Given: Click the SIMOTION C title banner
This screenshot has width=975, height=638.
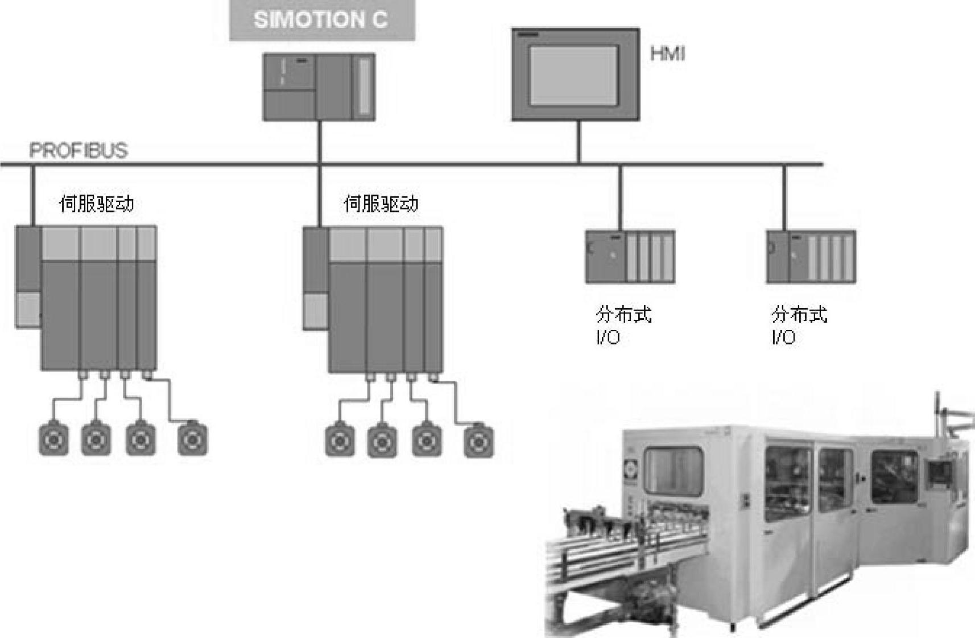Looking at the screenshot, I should click(x=321, y=20).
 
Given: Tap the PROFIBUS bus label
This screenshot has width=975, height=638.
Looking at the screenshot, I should click(x=79, y=151).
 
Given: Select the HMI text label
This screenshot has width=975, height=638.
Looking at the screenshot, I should click(x=667, y=54).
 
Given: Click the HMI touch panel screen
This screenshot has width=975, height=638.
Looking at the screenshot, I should click(x=574, y=75).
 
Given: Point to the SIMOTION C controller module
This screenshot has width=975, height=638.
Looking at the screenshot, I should click(x=319, y=87).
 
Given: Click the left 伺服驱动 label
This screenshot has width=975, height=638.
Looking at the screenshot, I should click(x=97, y=204).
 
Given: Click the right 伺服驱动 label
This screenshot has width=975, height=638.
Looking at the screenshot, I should click(x=381, y=204).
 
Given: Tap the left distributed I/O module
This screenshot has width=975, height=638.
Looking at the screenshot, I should click(x=630, y=257).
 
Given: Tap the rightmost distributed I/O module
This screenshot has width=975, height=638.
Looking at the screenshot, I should click(x=811, y=257).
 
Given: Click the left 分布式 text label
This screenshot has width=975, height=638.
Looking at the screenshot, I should click(x=623, y=314).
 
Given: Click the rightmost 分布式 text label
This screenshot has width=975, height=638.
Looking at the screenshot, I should click(x=799, y=314).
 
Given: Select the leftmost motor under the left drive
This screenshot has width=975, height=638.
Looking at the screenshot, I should click(x=53, y=439).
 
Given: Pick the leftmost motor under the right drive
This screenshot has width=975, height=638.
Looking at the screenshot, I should click(x=340, y=441).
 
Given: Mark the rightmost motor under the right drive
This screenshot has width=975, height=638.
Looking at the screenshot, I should click(x=479, y=441).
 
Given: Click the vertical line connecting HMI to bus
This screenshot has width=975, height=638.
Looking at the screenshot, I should click(x=579, y=142).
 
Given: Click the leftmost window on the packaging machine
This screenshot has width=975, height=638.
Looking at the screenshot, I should click(x=673, y=471).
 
